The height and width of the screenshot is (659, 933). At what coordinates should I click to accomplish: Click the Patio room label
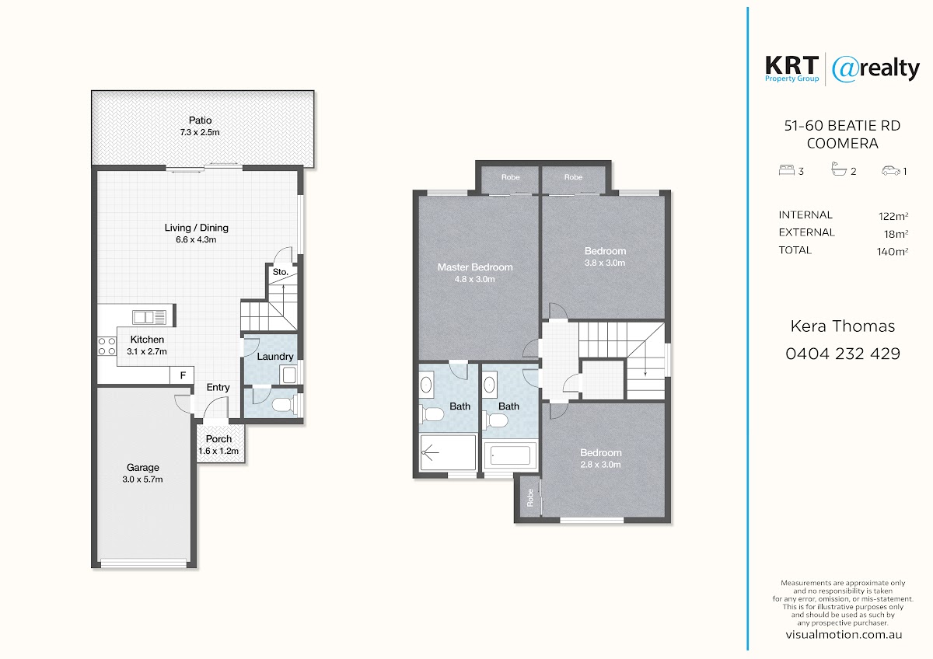click(x=200, y=120)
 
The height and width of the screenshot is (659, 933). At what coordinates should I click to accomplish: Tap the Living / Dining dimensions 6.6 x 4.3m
click(x=196, y=239)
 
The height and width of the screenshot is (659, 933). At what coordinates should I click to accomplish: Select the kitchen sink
click(x=149, y=317)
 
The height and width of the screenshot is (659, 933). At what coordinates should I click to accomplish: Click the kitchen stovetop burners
click(x=107, y=347)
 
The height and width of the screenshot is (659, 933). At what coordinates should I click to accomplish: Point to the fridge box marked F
click(x=183, y=375)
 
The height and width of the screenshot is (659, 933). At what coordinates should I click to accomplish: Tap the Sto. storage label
click(x=281, y=272)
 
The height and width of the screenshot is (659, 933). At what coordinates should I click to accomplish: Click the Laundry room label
click(x=275, y=357)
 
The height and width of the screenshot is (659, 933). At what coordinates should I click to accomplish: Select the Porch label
click(x=218, y=439)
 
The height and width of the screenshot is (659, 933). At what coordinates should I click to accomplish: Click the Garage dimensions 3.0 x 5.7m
click(x=142, y=479)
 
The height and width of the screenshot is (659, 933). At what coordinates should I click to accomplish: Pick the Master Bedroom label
click(x=475, y=267)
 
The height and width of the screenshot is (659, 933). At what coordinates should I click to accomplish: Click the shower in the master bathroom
click(x=448, y=452)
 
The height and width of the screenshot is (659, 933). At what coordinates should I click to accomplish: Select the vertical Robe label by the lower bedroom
click(x=529, y=498)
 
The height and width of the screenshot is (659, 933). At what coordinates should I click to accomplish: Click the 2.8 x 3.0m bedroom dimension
click(x=600, y=464)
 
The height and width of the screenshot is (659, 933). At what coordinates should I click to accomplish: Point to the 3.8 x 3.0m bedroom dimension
click(x=605, y=263)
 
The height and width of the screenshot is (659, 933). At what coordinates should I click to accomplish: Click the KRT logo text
click(x=791, y=66)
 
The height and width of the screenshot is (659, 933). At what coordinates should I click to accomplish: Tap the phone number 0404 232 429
click(x=843, y=354)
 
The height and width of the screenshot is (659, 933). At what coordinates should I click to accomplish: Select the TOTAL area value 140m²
click(x=893, y=252)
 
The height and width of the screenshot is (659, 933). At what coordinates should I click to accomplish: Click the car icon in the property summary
click(x=890, y=171)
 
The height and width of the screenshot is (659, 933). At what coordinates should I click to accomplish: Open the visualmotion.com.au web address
click(x=844, y=635)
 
